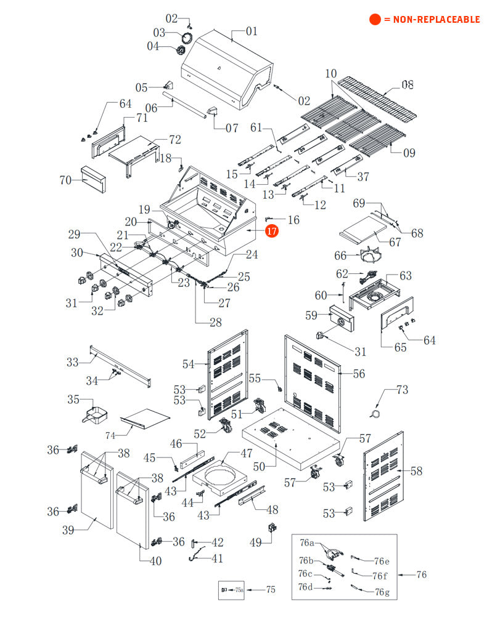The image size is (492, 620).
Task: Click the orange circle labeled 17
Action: [272, 231]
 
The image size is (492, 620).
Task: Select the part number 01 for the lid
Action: [252, 31]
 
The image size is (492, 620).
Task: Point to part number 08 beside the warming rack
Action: [407, 84]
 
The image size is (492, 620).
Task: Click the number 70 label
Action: [66, 180]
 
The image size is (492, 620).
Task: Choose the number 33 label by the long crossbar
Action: [73, 361]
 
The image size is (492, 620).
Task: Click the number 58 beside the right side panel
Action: [417, 471]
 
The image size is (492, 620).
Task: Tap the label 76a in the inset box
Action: [307, 543]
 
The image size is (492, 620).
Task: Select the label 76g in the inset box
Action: [382, 592]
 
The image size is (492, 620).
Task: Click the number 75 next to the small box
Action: [271, 589]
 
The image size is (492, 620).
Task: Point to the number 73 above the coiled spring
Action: [402, 390]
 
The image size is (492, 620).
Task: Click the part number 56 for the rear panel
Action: [359, 374]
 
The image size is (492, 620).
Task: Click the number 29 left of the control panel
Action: [75, 234]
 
